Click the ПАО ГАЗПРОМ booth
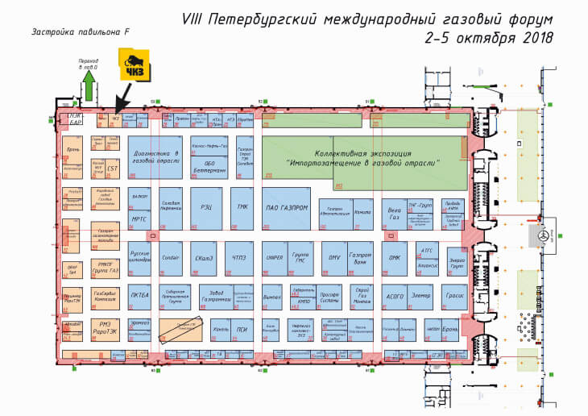pyautogui.click(x=286, y=207)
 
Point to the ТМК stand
pyautogui.click(x=242, y=207)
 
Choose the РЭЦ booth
pyautogui.click(x=207, y=207)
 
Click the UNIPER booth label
pyautogui.click(x=275, y=258)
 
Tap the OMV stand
pyautogui.click(x=334, y=258)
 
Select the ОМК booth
pyautogui.click(x=395, y=258)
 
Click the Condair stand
pyautogui.click(x=170, y=259)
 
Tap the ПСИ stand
pyautogui.click(x=242, y=328)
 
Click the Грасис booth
pyautogui.click(x=453, y=296)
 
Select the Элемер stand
pyautogui.click(x=421, y=296)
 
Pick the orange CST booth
pyautogui.click(x=114, y=169)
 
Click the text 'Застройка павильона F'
pyautogui.click(x=79, y=33)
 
